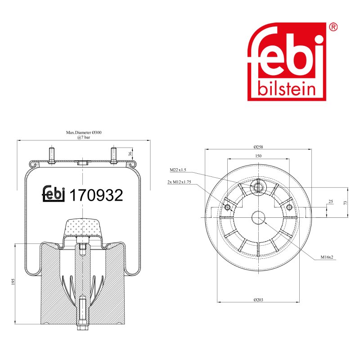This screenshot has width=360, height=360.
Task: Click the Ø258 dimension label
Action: (258, 147)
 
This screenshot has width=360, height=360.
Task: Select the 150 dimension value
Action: (258, 156)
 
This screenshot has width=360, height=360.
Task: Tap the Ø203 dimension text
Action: (258, 300)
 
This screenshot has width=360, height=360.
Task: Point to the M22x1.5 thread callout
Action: (178, 170)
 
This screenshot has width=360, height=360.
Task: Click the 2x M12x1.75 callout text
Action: (179, 182)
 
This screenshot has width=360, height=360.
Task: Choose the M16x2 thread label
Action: (327, 257)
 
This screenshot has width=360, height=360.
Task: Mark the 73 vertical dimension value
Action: (346, 203)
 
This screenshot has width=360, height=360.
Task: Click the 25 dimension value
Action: (331, 202)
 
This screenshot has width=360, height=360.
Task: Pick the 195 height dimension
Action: (13, 282)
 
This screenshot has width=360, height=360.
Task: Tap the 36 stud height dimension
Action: (130, 154)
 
